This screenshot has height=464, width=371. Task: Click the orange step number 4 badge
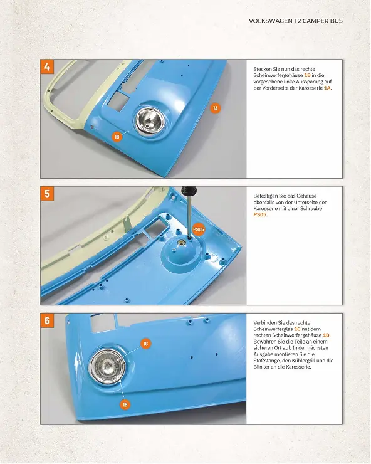(x=48, y=67)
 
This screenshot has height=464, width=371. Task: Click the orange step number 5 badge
(x=48, y=194)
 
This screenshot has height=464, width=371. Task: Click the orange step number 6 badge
(x=48, y=320)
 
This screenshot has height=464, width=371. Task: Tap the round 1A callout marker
(x=216, y=108)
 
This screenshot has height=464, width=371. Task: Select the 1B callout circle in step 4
(x=117, y=137)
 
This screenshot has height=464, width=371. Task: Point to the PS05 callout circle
(x=199, y=229)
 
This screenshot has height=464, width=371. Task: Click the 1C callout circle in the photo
(x=145, y=344)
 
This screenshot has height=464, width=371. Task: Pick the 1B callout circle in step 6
(x=125, y=404)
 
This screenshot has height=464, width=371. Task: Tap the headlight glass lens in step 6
(x=107, y=367)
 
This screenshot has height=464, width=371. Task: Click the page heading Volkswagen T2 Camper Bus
(x=296, y=21)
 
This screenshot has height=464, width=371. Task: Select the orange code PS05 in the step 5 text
(x=260, y=215)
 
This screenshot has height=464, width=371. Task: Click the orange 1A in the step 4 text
(x=327, y=88)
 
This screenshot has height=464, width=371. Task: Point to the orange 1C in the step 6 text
(x=297, y=329)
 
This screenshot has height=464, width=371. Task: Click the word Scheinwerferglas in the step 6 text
(x=273, y=329)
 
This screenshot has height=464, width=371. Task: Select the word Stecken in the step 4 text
(x=263, y=69)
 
